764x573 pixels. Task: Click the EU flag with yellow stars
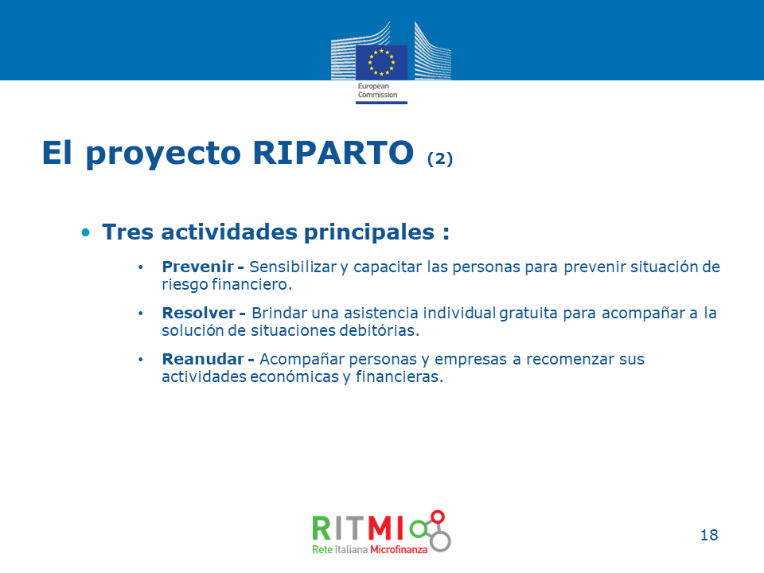[381, 62]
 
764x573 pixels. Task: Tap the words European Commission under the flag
[377, 91]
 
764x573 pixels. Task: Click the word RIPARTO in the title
[333, 153]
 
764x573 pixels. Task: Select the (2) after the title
[440, 158]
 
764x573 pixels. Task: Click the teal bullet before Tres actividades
[86, 232]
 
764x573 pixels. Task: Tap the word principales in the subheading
[369, 232]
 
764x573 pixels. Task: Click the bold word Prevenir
[198, 267]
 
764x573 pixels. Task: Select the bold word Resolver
[199, 313]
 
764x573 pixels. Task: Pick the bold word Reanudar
[203, 359]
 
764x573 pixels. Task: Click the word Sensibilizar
[293, 267]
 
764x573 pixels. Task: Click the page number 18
[709, 535]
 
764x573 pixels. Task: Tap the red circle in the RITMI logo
[438, 517]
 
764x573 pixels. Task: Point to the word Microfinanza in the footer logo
[399, 550]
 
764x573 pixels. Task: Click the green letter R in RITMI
[322, 528]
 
